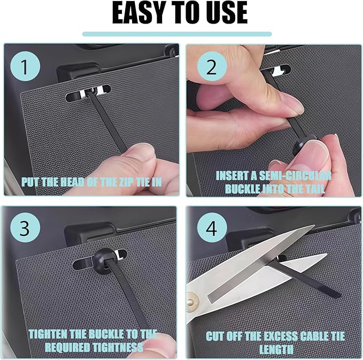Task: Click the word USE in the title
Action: tap(226, 13)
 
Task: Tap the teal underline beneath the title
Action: tap(177, 34)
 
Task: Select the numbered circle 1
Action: tap(25, 66)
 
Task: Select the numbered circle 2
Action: tap(212, 66)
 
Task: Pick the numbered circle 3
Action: tap(25, 228)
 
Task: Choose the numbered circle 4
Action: tap(212, 228)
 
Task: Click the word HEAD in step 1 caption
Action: tap(72, 182)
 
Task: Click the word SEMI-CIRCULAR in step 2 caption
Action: tap(295, 176)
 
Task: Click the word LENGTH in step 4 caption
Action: tap(276, 349)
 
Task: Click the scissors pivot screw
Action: tap(191, 301)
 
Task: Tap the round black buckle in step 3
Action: tap(104, 260)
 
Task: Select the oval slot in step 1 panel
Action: tap(88, 93)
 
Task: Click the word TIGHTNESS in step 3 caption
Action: tap(118, 348)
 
